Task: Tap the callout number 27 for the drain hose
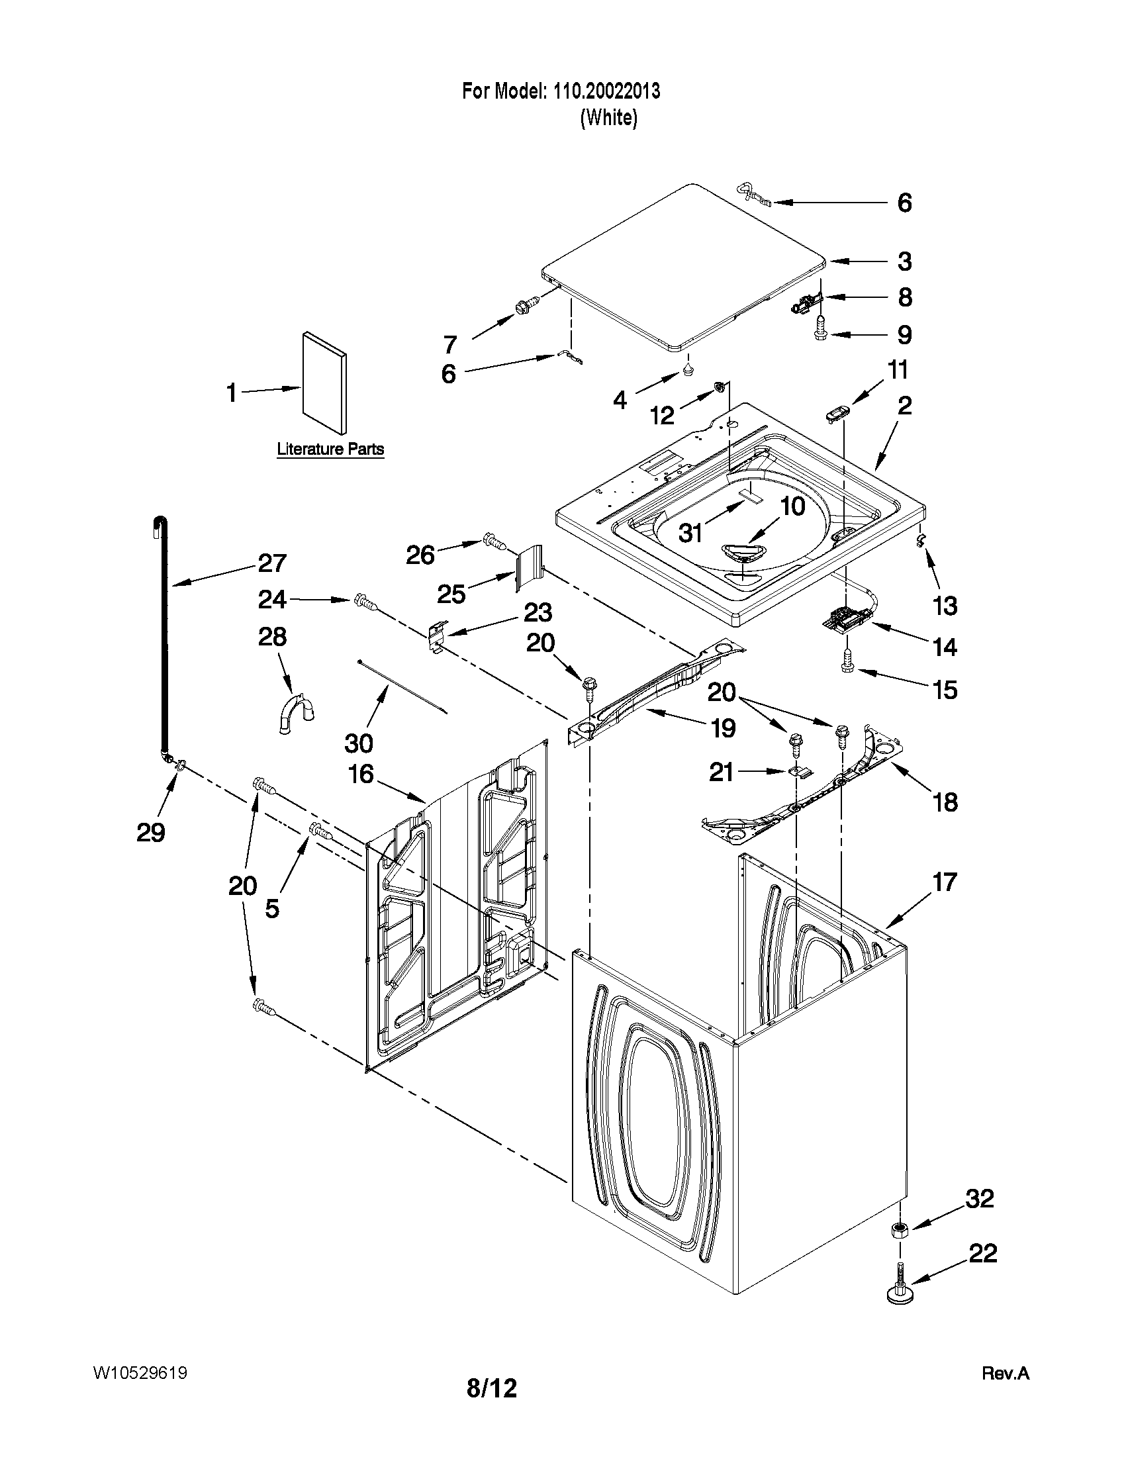coord(272,564)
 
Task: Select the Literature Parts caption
coord(330,449)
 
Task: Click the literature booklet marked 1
coord(324,383)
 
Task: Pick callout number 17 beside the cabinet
coord(945,882)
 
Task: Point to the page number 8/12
coord(492,1407)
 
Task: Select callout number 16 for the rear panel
coord(361,775)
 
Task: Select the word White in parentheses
coord(608,118)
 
